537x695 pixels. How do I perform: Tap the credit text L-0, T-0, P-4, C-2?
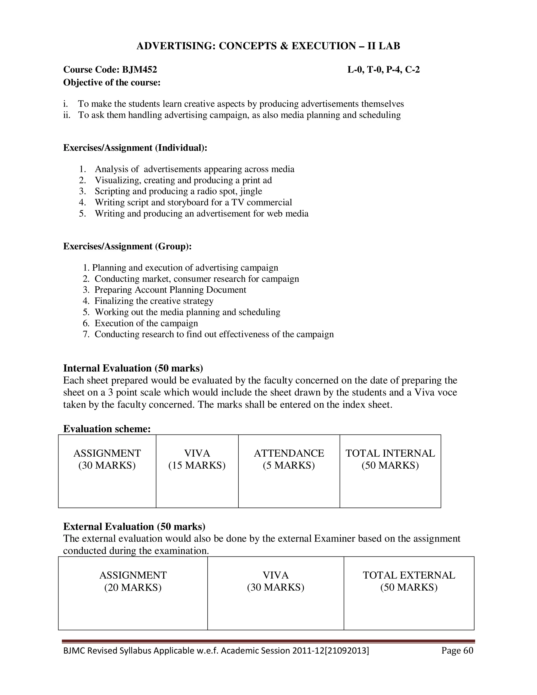tap(383, 69)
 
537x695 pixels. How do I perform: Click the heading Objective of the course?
tap(112, 82)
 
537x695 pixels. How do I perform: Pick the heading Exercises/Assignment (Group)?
tap(127, 246)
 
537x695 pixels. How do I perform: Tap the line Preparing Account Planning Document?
tap(170, 290)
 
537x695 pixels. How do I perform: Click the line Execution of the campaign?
tap(146, 323)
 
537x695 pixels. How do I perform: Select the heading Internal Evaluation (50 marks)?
tap(133, 368)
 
